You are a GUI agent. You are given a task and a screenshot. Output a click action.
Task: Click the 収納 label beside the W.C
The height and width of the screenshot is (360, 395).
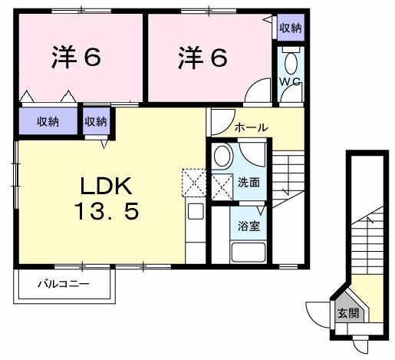(290, 28)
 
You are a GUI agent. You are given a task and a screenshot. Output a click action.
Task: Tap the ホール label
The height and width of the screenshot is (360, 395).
(251, 127)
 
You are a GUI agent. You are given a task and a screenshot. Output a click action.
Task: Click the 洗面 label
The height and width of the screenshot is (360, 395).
(247, 183)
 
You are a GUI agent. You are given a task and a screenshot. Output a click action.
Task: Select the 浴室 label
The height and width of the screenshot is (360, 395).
(247, 227)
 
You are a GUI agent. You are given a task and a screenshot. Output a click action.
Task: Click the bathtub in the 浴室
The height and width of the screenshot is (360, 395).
(247, 252)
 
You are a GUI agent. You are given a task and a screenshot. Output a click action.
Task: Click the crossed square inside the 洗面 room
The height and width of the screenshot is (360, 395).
(222, 185)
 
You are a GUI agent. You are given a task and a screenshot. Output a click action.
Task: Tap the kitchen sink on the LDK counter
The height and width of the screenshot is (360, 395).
(195, 211)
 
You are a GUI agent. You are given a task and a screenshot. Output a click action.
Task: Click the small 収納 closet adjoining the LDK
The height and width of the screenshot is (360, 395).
(96, 121)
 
